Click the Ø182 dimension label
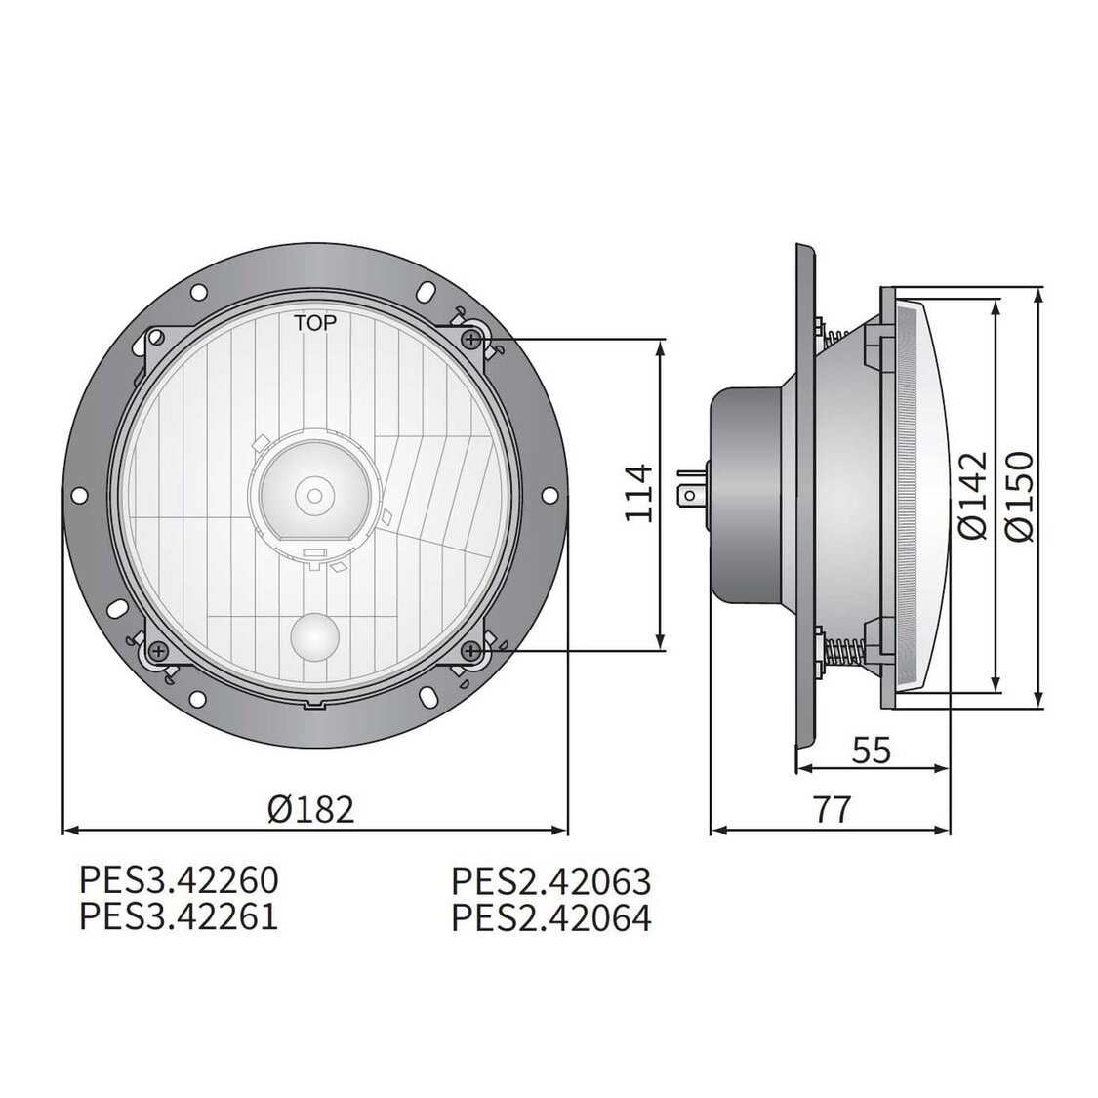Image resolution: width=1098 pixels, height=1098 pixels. pos(309,809)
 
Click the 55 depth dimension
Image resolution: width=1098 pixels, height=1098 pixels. pos(872,750)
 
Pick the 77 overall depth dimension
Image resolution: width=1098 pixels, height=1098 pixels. pos(830,809)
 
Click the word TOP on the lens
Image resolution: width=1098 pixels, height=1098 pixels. pos(314,324)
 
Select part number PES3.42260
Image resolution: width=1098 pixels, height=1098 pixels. pos(179,880)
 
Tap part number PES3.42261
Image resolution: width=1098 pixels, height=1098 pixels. pos(179,916)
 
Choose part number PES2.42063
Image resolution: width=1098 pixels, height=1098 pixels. pos(550,880)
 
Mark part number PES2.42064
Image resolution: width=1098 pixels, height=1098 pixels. pos(550,917)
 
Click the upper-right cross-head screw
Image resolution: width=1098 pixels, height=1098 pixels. pos(473,339)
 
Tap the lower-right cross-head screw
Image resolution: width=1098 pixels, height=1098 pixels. pos(473,649)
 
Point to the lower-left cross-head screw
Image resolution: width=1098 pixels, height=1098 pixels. pos(156,649)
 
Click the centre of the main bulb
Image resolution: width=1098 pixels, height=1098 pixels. pos(314,494)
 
